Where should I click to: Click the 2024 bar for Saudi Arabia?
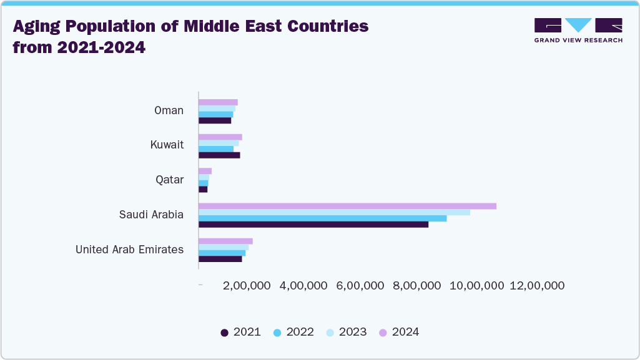click(347, 206)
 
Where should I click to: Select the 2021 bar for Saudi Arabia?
click(313, 225)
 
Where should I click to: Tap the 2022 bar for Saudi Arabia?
click(323, 218)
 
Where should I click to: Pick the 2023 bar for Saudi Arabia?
click(334, 212)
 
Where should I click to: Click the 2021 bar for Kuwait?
click(219, 155)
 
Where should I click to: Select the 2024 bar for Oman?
click(218, 102)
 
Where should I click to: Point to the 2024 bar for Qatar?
click(205, 171)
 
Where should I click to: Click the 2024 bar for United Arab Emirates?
click(225, 241)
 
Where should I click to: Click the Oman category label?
click(169, 110)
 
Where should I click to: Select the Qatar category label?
click(169, 180)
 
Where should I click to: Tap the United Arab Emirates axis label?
click(129, 250)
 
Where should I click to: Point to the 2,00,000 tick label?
click(247, 286)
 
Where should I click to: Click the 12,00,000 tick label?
click(537, 286)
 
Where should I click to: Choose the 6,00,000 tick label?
click(360, 286)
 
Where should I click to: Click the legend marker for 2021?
click(225, 333)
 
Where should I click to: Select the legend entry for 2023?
click(347, 332)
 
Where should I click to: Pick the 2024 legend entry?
click(400, 332)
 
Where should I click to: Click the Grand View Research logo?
click(578, 30)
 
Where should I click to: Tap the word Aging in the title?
click(42, 26)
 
